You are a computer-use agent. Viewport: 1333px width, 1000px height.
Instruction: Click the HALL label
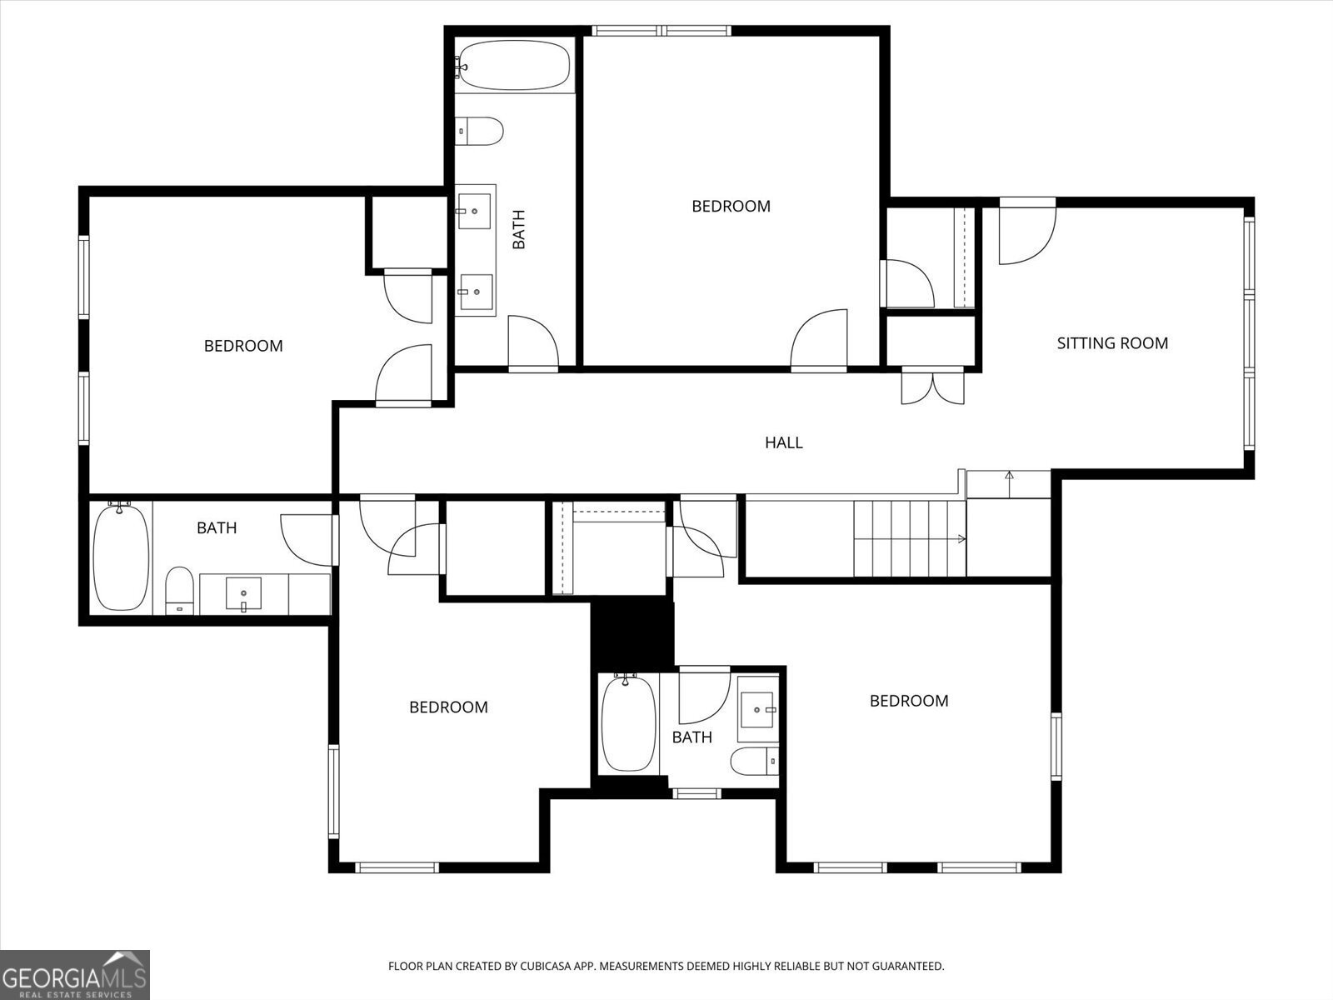[x=783, y=442]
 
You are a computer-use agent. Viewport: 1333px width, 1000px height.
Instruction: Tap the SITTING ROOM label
[x=1111, y=343]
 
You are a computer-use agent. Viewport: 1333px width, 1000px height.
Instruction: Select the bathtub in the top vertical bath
[x=515, y=66]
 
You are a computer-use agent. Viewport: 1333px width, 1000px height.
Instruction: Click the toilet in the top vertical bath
[x=482, y=131]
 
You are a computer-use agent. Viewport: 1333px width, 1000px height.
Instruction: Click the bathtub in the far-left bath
[x=122, y=557]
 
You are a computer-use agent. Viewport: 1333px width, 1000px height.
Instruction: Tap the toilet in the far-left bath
[x=179, y=590]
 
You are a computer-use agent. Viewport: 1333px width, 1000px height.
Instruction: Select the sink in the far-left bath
[x=242, y=593]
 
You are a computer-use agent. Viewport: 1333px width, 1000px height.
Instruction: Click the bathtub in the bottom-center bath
[x=628, y=723]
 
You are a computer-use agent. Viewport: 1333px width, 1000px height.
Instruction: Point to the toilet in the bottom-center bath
[x=755, y=762]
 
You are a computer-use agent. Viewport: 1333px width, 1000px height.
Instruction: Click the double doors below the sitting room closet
[x=932, y=387]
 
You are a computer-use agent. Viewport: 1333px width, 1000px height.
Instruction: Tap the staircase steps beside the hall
[x=908, y=537]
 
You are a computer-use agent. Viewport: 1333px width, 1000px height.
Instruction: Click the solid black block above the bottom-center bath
[x=631, y=632]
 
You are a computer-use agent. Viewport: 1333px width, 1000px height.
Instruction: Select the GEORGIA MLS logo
[x=74, y=974]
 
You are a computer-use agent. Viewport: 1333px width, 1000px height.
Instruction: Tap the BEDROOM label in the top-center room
[x=731, y=206]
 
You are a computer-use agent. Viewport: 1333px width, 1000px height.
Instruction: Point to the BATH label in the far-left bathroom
[x=217, y=527]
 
